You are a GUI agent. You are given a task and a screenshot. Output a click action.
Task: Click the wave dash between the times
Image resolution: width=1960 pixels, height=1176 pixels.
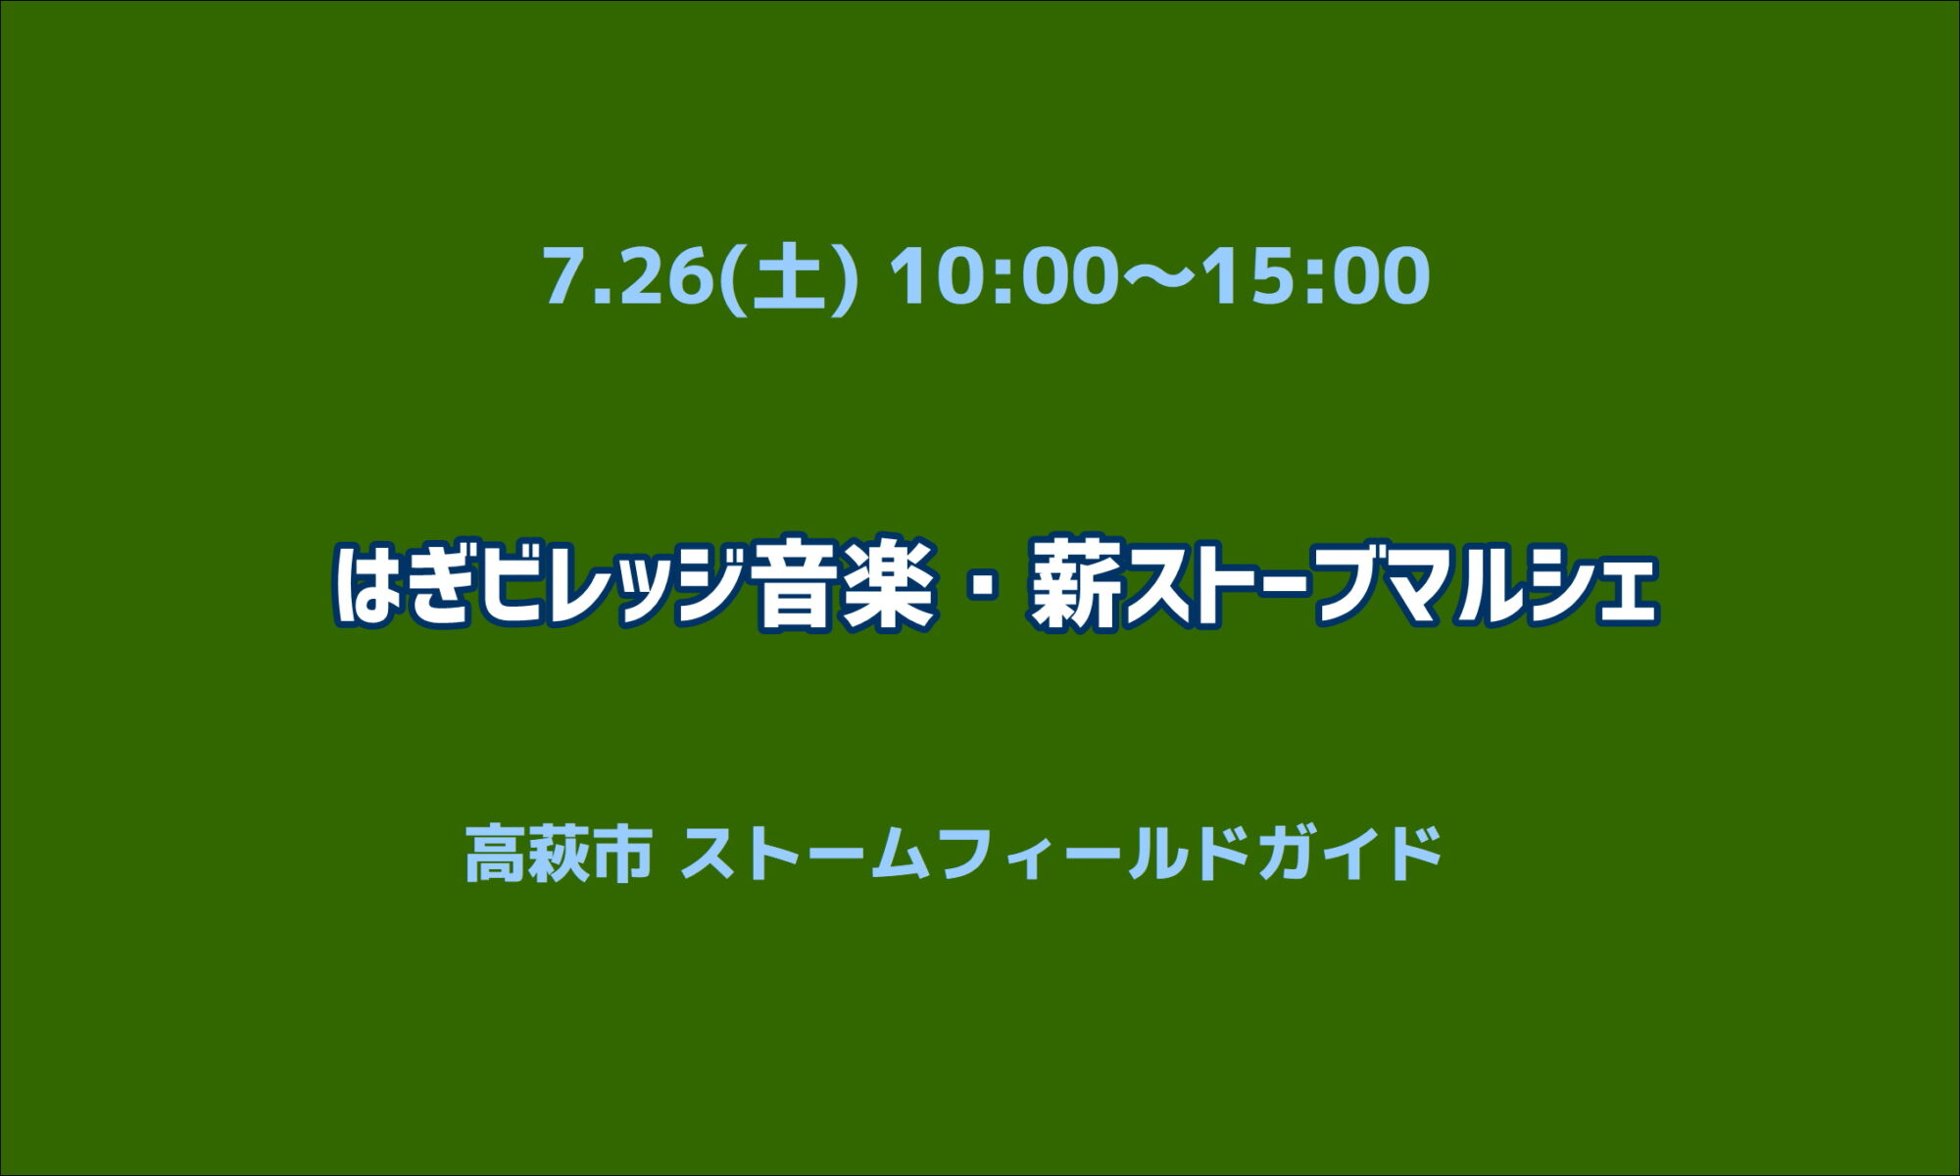coord(1161,276)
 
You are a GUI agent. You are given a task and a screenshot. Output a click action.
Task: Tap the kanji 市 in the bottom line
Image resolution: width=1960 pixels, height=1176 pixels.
coord(621,852)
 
